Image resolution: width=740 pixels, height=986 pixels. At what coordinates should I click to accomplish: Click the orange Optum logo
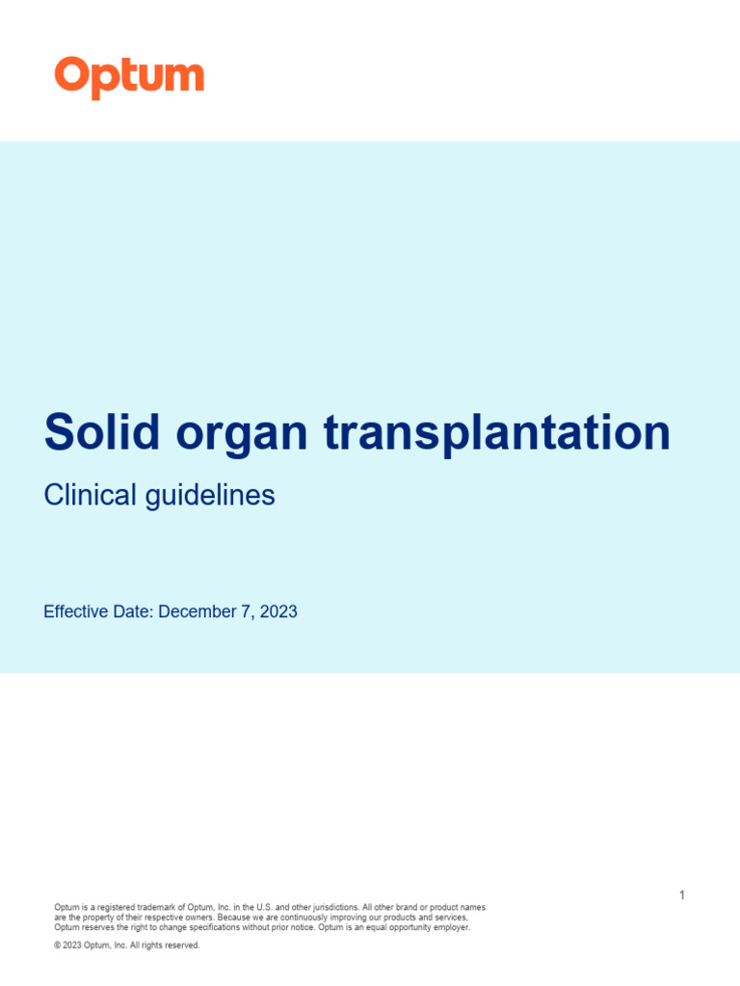129,77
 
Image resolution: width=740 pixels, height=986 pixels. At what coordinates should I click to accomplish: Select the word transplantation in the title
497,432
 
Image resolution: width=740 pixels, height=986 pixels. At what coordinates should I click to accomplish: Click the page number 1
682,895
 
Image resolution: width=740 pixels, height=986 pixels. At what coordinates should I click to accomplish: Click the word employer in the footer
450,927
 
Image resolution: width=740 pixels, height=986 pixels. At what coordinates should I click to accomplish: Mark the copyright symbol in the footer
57,946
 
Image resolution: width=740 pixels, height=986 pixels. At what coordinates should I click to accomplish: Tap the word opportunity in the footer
406,927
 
